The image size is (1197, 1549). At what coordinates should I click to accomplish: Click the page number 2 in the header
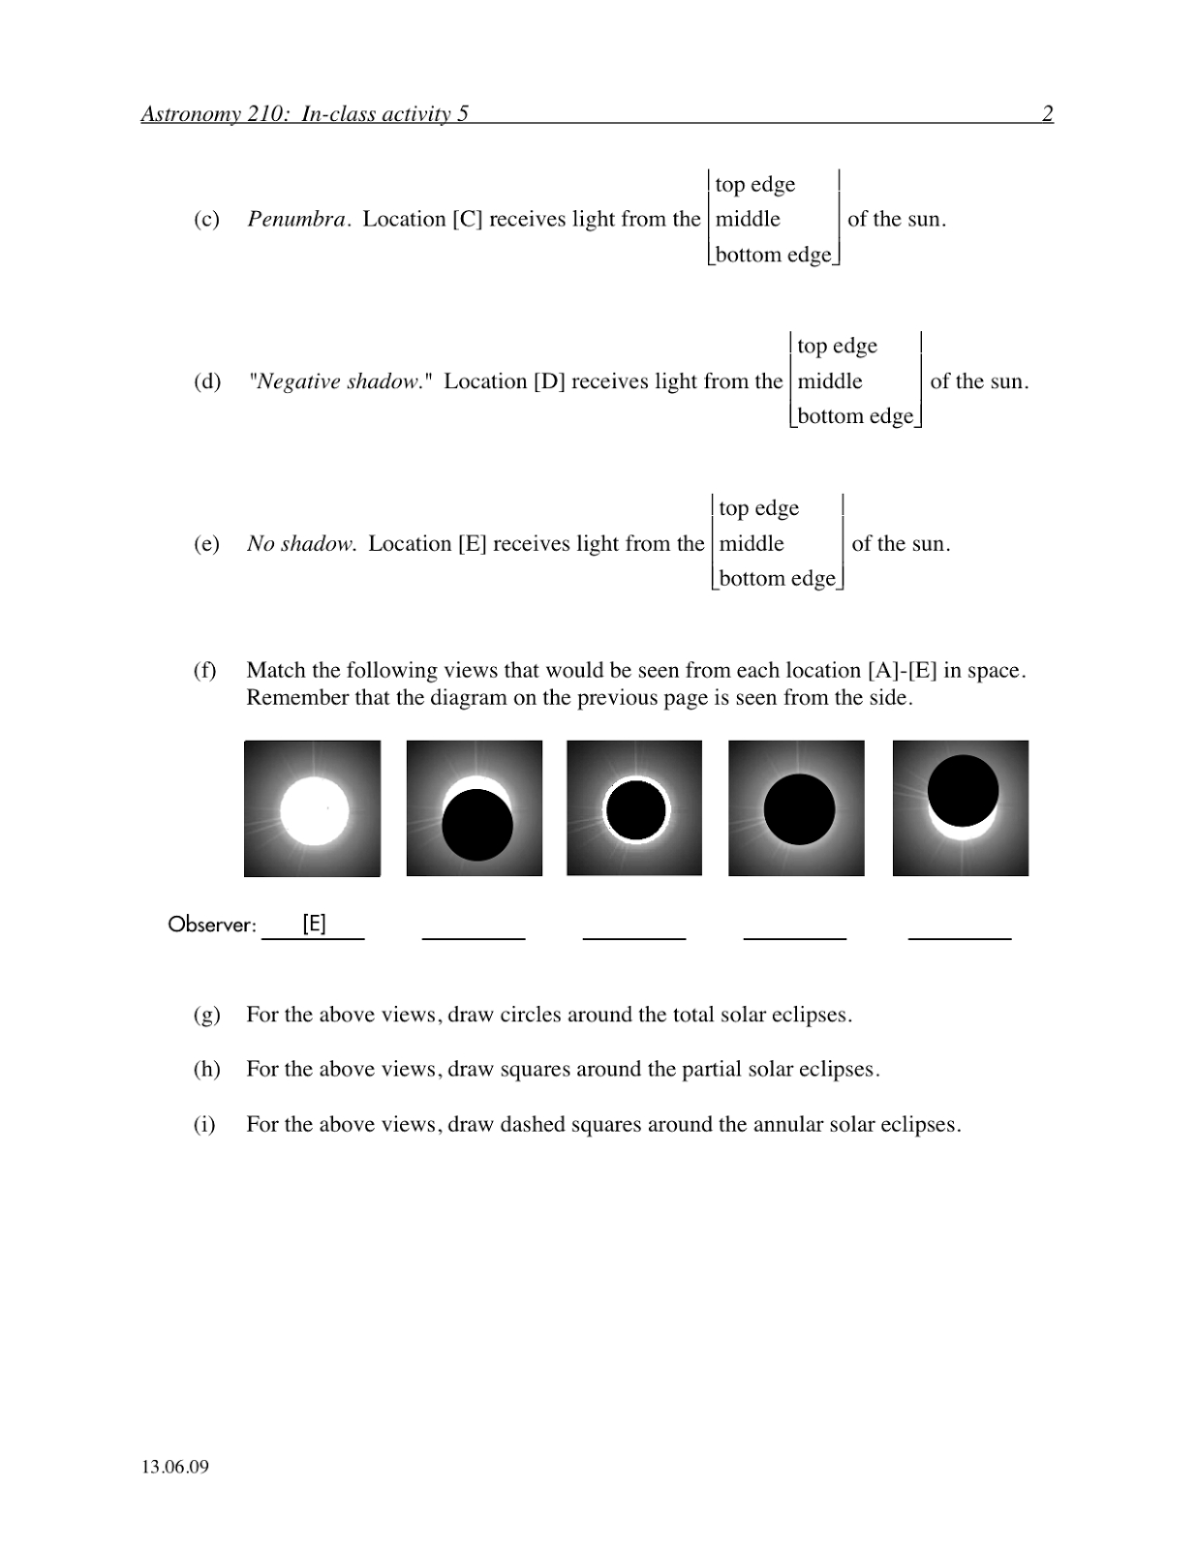[1047, 114]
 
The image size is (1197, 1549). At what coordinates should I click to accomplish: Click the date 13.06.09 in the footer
[175, 1466]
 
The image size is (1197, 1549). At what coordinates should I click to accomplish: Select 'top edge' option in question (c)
[754, 184]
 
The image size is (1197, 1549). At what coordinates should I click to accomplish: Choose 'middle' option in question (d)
[830, 381]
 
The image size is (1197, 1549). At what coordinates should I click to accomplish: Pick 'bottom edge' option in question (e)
[777, 579]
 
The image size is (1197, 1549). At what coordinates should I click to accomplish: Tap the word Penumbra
[296, 220]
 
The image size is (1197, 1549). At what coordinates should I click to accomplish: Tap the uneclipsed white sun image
[312, 808]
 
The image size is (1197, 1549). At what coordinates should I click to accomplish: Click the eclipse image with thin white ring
[634, 808]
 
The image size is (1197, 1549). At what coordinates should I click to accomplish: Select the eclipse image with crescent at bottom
[961, 808]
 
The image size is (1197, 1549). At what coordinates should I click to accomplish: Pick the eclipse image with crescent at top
[475, 808]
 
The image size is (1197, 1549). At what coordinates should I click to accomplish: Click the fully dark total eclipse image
[796, 808]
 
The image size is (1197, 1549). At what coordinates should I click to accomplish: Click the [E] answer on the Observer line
[314, 924]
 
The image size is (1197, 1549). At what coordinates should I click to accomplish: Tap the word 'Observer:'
[212, 925]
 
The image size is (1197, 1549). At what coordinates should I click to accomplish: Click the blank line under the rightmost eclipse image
[960, 937]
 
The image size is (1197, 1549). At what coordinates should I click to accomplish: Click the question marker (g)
[206, 1015]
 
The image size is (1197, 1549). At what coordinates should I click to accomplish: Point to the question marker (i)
[204, 1125]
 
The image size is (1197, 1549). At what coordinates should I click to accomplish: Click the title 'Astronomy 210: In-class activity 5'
[304, 114]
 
